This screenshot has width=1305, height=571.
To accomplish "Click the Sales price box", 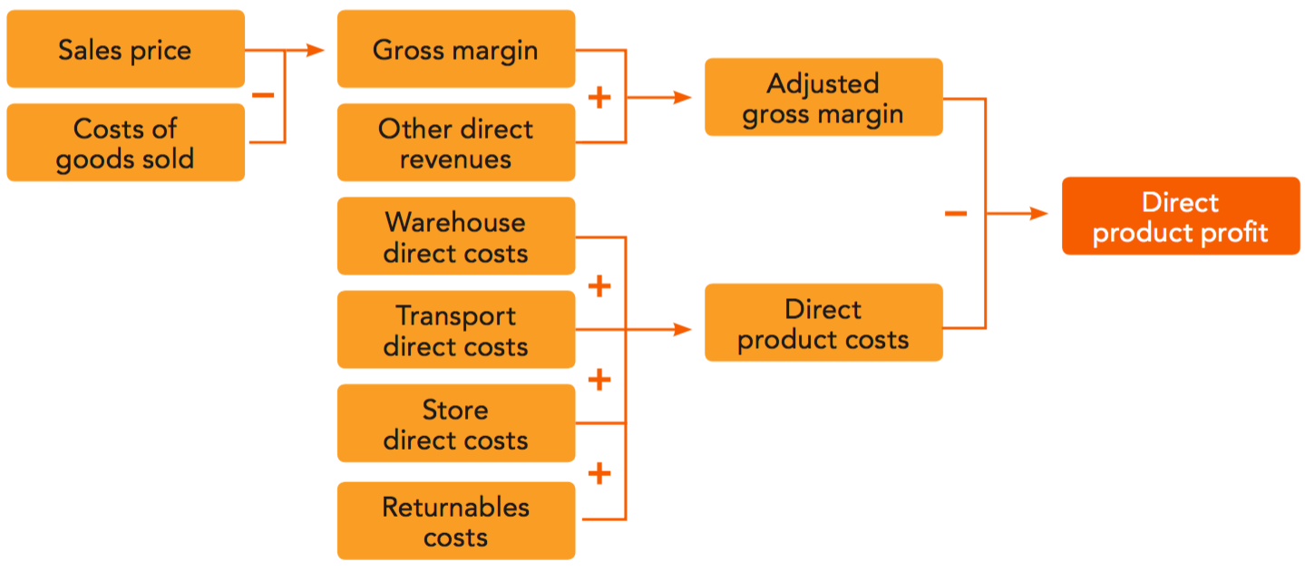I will (125, 49).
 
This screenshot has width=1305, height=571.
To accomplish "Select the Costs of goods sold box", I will (125, 143).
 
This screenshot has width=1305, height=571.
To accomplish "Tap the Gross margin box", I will (455, 49).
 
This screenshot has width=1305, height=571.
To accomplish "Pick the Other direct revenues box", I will (455, 143).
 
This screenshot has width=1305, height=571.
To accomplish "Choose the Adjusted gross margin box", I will (823, 98).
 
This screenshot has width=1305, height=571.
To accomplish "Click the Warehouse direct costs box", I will (455, 237).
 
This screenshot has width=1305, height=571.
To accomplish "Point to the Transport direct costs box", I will (455, 330).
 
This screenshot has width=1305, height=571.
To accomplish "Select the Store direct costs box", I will (455, 423).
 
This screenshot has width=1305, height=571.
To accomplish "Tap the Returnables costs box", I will (455, 521).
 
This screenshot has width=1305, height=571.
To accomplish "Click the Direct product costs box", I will (823, 324).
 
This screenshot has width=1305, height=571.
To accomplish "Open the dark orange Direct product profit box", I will (1181, 216).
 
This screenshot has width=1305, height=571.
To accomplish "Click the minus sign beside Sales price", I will (263, 95).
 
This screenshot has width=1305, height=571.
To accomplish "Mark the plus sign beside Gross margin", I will (599, 98).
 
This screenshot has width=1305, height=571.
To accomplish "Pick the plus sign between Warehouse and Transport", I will (599, 286).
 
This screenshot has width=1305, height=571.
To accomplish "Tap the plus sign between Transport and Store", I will (599, 380).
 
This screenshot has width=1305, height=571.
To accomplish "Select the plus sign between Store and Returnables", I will (599, 473).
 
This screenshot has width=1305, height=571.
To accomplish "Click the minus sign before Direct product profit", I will (956, 215).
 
